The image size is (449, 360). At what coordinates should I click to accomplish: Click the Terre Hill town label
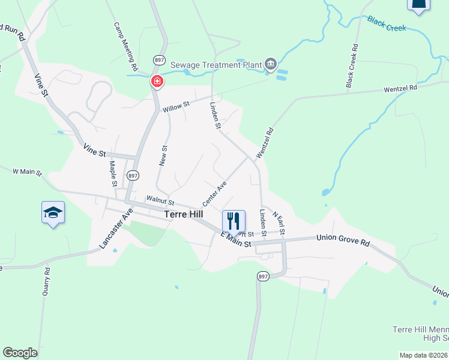click(184, 214)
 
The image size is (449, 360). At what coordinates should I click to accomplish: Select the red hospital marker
click(157, 82)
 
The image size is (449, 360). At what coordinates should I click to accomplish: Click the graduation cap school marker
click(53, 212)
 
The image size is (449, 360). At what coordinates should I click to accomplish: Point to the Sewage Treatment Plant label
click(216, 64)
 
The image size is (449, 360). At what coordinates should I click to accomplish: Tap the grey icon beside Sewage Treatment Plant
click(271, 64)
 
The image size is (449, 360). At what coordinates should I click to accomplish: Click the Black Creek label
click(387, 24)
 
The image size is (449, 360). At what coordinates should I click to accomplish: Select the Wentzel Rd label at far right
click(400, 88)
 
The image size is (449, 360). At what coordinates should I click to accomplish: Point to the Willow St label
click(176, 106)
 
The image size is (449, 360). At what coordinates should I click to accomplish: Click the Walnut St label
click(160, 201)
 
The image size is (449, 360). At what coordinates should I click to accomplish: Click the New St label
click(164, 155)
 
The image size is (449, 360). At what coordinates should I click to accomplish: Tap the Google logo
click(20, 353)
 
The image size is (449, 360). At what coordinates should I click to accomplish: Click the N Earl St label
click(278, 223)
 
